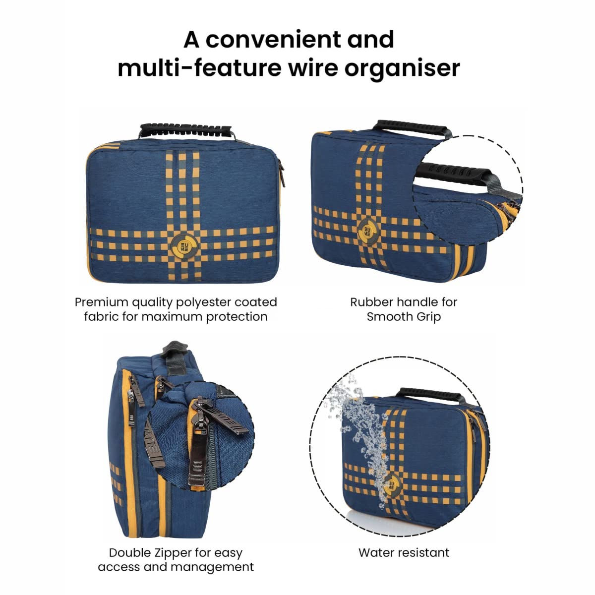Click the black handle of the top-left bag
[186, 131]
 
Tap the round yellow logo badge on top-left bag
[183, 246]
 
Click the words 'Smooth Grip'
[404, 317]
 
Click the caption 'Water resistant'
[404, 553]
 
